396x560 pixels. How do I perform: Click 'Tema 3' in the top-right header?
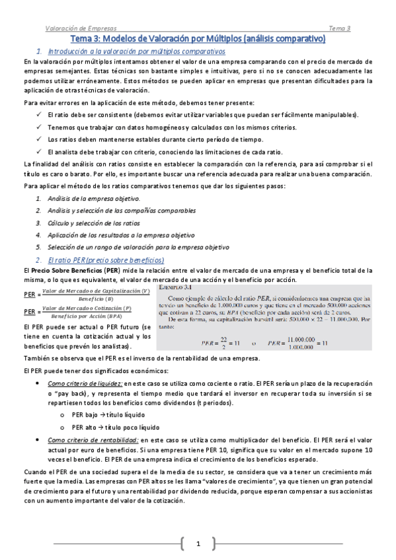[x=339, y=28]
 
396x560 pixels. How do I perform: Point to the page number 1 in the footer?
[x=197, y=543]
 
